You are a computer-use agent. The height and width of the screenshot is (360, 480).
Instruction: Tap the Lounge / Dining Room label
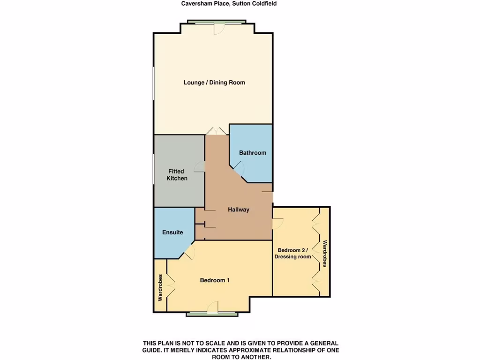[214, 82]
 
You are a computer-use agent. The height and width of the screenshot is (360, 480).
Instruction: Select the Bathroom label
[252, 153]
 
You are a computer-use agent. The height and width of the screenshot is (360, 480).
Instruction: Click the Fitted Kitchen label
[177, 175]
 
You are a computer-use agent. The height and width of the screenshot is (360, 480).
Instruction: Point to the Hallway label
[239, 210]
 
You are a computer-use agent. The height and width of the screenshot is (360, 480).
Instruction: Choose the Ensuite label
[172, 232]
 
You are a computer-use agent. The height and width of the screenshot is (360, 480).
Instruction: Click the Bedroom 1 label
[215, 280]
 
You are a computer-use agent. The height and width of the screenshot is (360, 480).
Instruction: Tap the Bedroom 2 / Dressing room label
[294, 253]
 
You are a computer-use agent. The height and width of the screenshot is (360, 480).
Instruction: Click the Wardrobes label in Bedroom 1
[160, 287]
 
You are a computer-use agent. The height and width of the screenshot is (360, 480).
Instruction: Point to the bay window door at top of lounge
[217, 28]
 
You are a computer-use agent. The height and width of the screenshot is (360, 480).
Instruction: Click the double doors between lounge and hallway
[217, 131]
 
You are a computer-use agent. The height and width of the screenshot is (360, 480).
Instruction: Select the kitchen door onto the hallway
[201, 166]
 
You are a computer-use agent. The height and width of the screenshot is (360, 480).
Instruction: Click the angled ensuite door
[189, 253]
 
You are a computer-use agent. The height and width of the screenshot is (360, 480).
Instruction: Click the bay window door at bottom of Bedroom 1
[213, 308]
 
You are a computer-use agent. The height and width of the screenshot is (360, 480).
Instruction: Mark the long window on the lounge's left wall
[153, 83]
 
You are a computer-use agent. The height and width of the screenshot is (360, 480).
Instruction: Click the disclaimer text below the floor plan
[240, 350]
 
